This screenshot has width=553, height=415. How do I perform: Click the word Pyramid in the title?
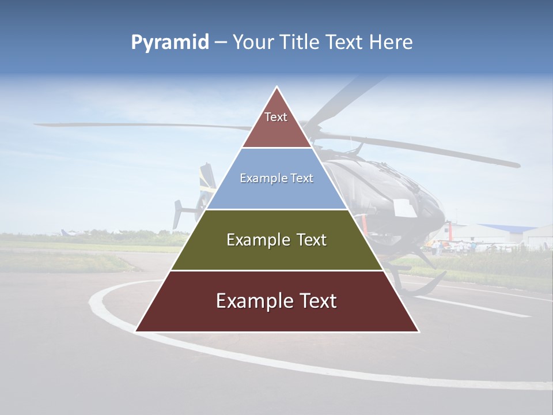tap(170, 43)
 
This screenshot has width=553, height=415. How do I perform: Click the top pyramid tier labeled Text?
tap(276, 124)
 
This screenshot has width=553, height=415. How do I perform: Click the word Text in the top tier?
tap(276, 117)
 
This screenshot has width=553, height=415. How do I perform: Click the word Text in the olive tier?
tap(309, 240)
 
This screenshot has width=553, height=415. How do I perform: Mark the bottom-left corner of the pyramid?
tap(136, 331)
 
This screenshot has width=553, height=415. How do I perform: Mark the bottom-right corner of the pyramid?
tap(418, 331)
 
